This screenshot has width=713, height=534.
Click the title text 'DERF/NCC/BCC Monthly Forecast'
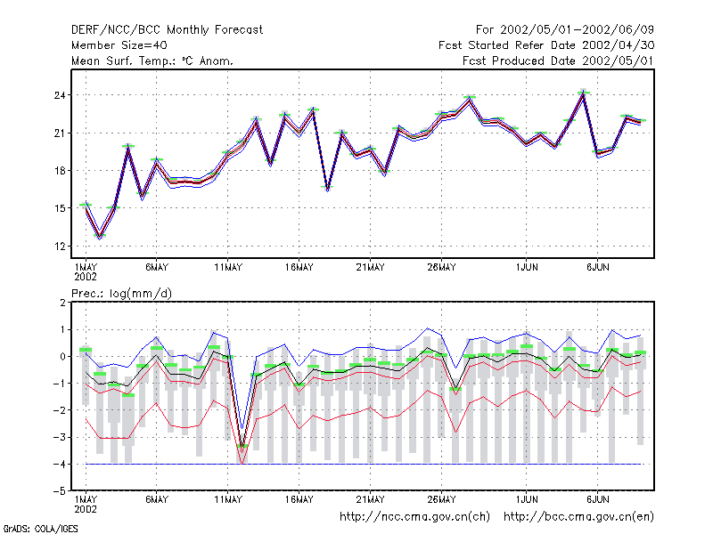pos(167,30)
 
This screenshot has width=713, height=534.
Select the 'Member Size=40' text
pos(119,45)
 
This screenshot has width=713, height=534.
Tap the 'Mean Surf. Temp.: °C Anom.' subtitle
pos(152,61)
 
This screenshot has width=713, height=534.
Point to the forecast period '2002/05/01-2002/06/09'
pos(577,30)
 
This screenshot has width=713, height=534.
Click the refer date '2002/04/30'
pos(618,45)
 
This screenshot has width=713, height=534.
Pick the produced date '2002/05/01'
pos(618,61)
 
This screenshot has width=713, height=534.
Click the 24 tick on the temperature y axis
pos(60,95)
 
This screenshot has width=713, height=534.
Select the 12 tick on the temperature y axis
pos(60,247)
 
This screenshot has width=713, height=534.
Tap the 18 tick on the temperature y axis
pos(60,171)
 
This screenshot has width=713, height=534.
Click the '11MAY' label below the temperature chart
pos(228,268)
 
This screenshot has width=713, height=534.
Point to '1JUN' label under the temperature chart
pos(527,268)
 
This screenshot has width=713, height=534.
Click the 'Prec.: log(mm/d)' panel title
pos(121,294)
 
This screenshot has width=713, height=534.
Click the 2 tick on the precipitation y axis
pos(62,303)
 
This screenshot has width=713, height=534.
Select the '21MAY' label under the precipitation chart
pos(370,499)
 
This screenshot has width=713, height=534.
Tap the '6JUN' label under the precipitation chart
pos(597,499)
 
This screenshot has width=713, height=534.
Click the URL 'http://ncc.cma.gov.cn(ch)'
pos(414,517)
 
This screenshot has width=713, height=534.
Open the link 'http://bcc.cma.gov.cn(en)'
pos(578,517)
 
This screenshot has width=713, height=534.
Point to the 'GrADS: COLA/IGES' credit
pos(40,529)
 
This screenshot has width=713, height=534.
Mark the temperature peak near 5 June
pos(584,93)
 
